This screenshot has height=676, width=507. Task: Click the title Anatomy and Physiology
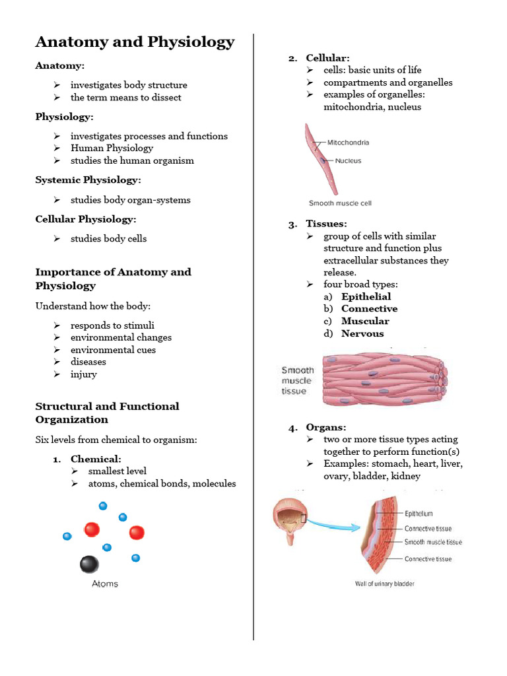135,42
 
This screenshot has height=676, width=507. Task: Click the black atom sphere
89,564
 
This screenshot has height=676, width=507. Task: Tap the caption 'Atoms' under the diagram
105,584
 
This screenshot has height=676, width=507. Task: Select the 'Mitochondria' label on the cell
348,143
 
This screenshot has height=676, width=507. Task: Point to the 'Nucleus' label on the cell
348,161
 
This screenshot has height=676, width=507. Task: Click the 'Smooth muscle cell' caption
340,203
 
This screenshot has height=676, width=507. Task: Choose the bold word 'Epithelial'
366,296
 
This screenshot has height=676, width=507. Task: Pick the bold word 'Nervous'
362,333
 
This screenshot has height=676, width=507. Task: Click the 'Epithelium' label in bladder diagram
419,513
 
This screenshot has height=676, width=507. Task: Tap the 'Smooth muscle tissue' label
433,542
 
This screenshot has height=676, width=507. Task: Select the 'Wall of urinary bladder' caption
385,584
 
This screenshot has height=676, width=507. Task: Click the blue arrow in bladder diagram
335,525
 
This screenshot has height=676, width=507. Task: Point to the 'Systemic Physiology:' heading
88,180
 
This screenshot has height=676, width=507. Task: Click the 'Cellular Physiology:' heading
86,219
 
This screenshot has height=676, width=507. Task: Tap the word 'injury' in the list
84,374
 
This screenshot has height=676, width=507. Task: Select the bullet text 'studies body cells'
109,238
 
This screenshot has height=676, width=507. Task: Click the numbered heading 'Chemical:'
96,459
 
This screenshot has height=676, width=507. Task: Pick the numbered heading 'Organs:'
325,427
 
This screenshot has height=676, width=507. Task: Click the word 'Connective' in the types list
369,308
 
